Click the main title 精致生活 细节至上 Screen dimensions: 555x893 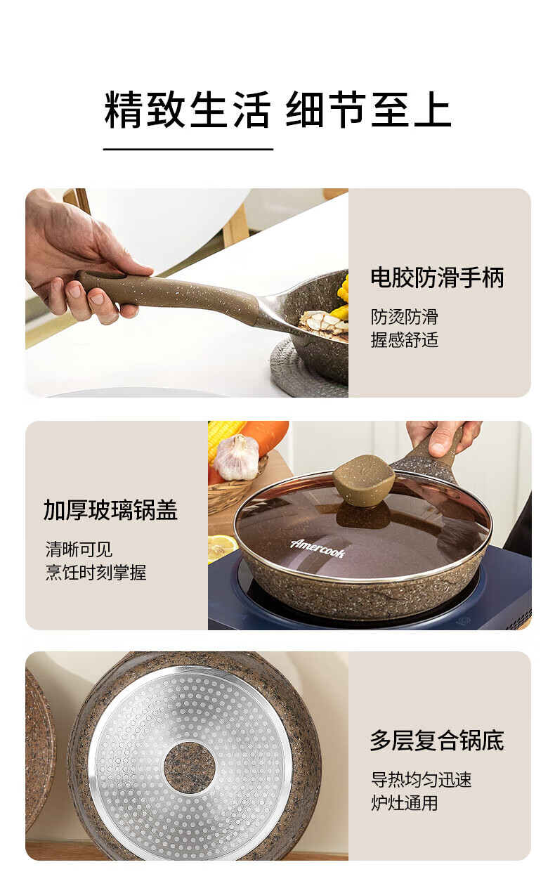click(277, 110)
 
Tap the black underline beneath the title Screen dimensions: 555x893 click(188, 149)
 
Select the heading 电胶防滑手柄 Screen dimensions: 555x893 click(438, 278)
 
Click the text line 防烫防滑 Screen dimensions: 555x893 click(404, 317)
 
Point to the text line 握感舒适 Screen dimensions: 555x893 click(404, 340)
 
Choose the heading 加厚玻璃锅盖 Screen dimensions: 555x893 click(110, 510)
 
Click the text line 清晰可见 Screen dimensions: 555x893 click(79, 549)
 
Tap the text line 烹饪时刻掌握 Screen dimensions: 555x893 click(96, 573)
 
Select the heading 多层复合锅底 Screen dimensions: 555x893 click(438, 741)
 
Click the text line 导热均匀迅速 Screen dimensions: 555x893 click(421, 780)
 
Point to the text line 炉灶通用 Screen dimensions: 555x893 click(404, 803)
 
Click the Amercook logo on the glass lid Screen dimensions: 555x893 click(318, 548)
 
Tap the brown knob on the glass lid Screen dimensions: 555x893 click(364, 480)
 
